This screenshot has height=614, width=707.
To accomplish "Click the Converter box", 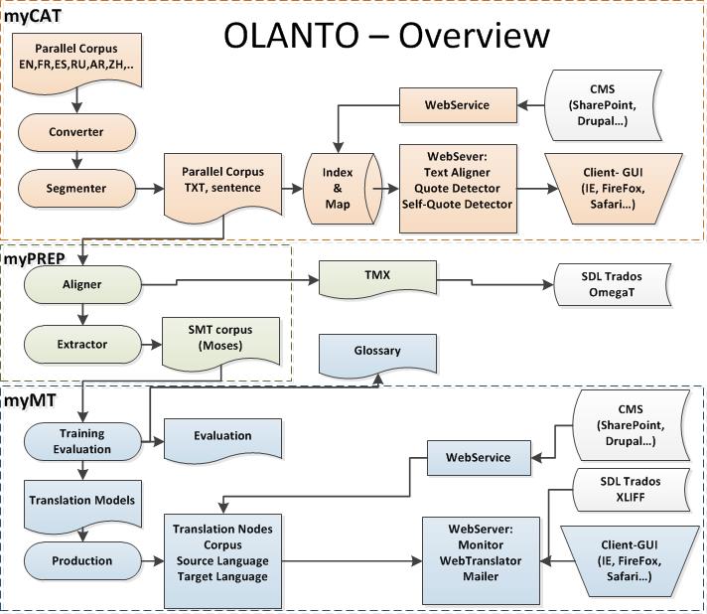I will [x=75, y=132].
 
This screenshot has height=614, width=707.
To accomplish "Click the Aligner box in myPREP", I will [x=81, y=284].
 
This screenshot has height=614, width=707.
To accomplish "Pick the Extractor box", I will [x=81, y=344].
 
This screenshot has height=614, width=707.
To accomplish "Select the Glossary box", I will [x=376, y=352].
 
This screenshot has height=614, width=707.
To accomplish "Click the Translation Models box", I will [x=81, y=500].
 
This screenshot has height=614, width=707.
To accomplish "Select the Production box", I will [x=81, y=560].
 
